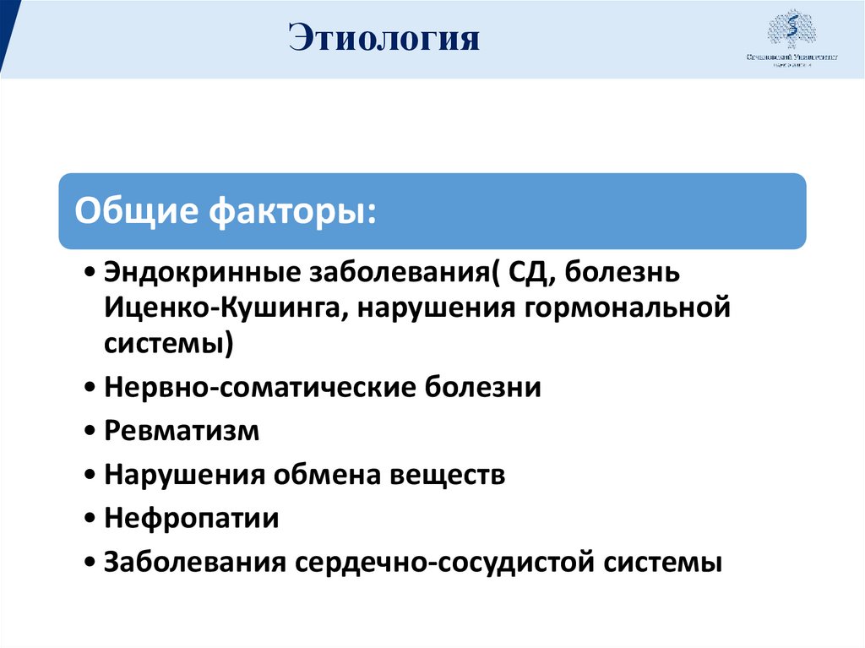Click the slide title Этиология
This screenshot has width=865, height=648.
384,39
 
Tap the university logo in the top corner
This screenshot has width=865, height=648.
792,40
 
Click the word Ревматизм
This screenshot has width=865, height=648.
182,431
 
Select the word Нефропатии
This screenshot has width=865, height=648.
192,518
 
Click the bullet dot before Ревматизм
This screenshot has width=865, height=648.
90,432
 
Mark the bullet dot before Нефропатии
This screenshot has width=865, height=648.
90,519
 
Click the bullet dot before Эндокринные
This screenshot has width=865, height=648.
90,274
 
